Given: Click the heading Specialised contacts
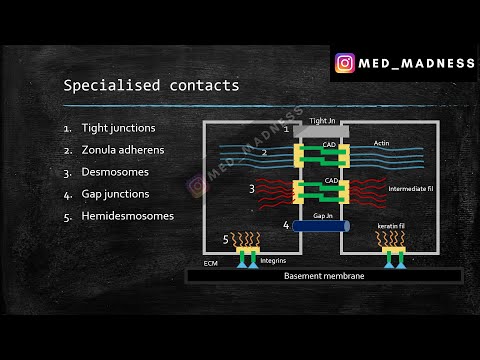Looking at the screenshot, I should (151, 86).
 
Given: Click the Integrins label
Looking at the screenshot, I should (273, 259).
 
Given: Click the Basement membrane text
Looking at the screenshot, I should (322, 275).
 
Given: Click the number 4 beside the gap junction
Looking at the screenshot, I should (286, 226).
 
